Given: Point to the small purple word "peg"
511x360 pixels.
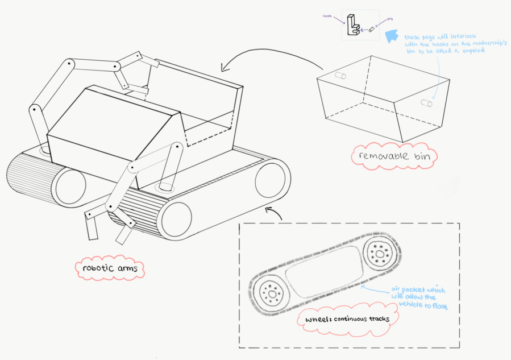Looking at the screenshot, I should coord(389,19).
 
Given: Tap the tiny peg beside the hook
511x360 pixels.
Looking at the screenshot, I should coord(371,29).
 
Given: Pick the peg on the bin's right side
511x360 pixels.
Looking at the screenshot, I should coord(426,103).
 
